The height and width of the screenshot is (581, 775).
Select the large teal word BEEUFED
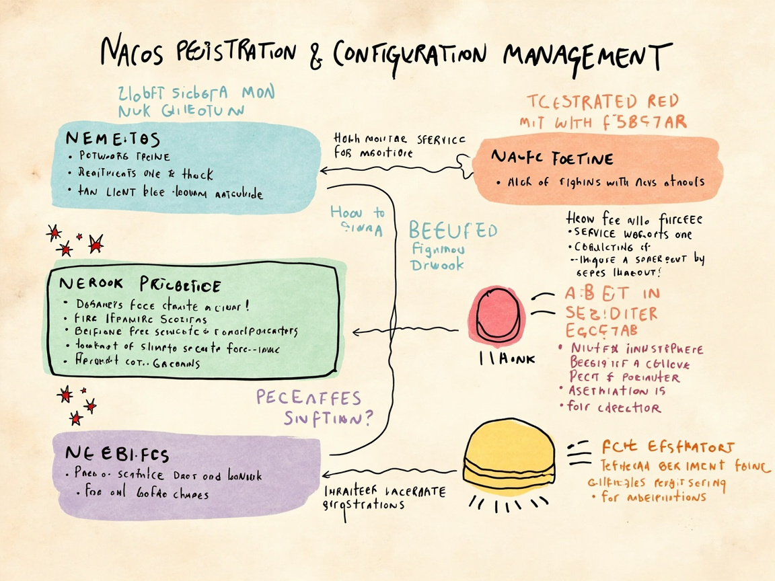(x=453, y=231)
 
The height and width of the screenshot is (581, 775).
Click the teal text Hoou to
(x=357, y=212)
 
